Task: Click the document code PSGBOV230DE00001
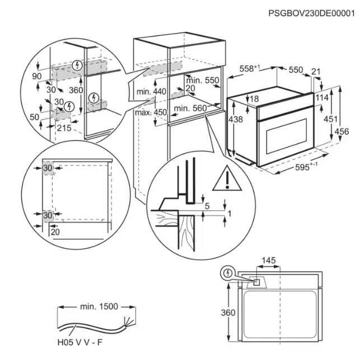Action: click(x=311, y=13)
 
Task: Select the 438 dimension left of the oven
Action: click(x=236, y=119)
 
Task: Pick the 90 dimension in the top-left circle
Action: click(x=38, y=76)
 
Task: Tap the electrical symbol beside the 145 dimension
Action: click(x=228, y=274)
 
